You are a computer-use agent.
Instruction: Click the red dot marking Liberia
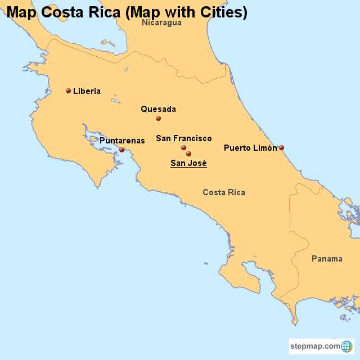point(68,91)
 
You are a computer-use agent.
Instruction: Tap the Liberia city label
point(87,91)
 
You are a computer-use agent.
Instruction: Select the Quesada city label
point(158,109)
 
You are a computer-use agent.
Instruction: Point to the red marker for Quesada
point(158,118)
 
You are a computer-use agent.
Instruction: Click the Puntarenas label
point(122,141)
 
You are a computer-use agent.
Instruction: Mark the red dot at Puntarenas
point(121,150)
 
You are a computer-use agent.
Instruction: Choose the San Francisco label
point(184,138)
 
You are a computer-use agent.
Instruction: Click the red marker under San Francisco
point(183,148)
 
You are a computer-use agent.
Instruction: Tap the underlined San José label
point(188,163)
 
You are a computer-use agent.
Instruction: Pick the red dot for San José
point(188,154)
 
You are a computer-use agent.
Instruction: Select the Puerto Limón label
point(250,148)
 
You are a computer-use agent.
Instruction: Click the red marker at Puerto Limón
point(281,148)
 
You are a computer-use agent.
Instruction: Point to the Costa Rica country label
point(224,192)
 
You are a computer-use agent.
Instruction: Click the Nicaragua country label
point(161,22)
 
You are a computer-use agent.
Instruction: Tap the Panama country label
point(327,259)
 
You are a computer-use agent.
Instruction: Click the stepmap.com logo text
point(316,346)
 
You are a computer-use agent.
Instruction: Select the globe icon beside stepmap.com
point(347,346)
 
